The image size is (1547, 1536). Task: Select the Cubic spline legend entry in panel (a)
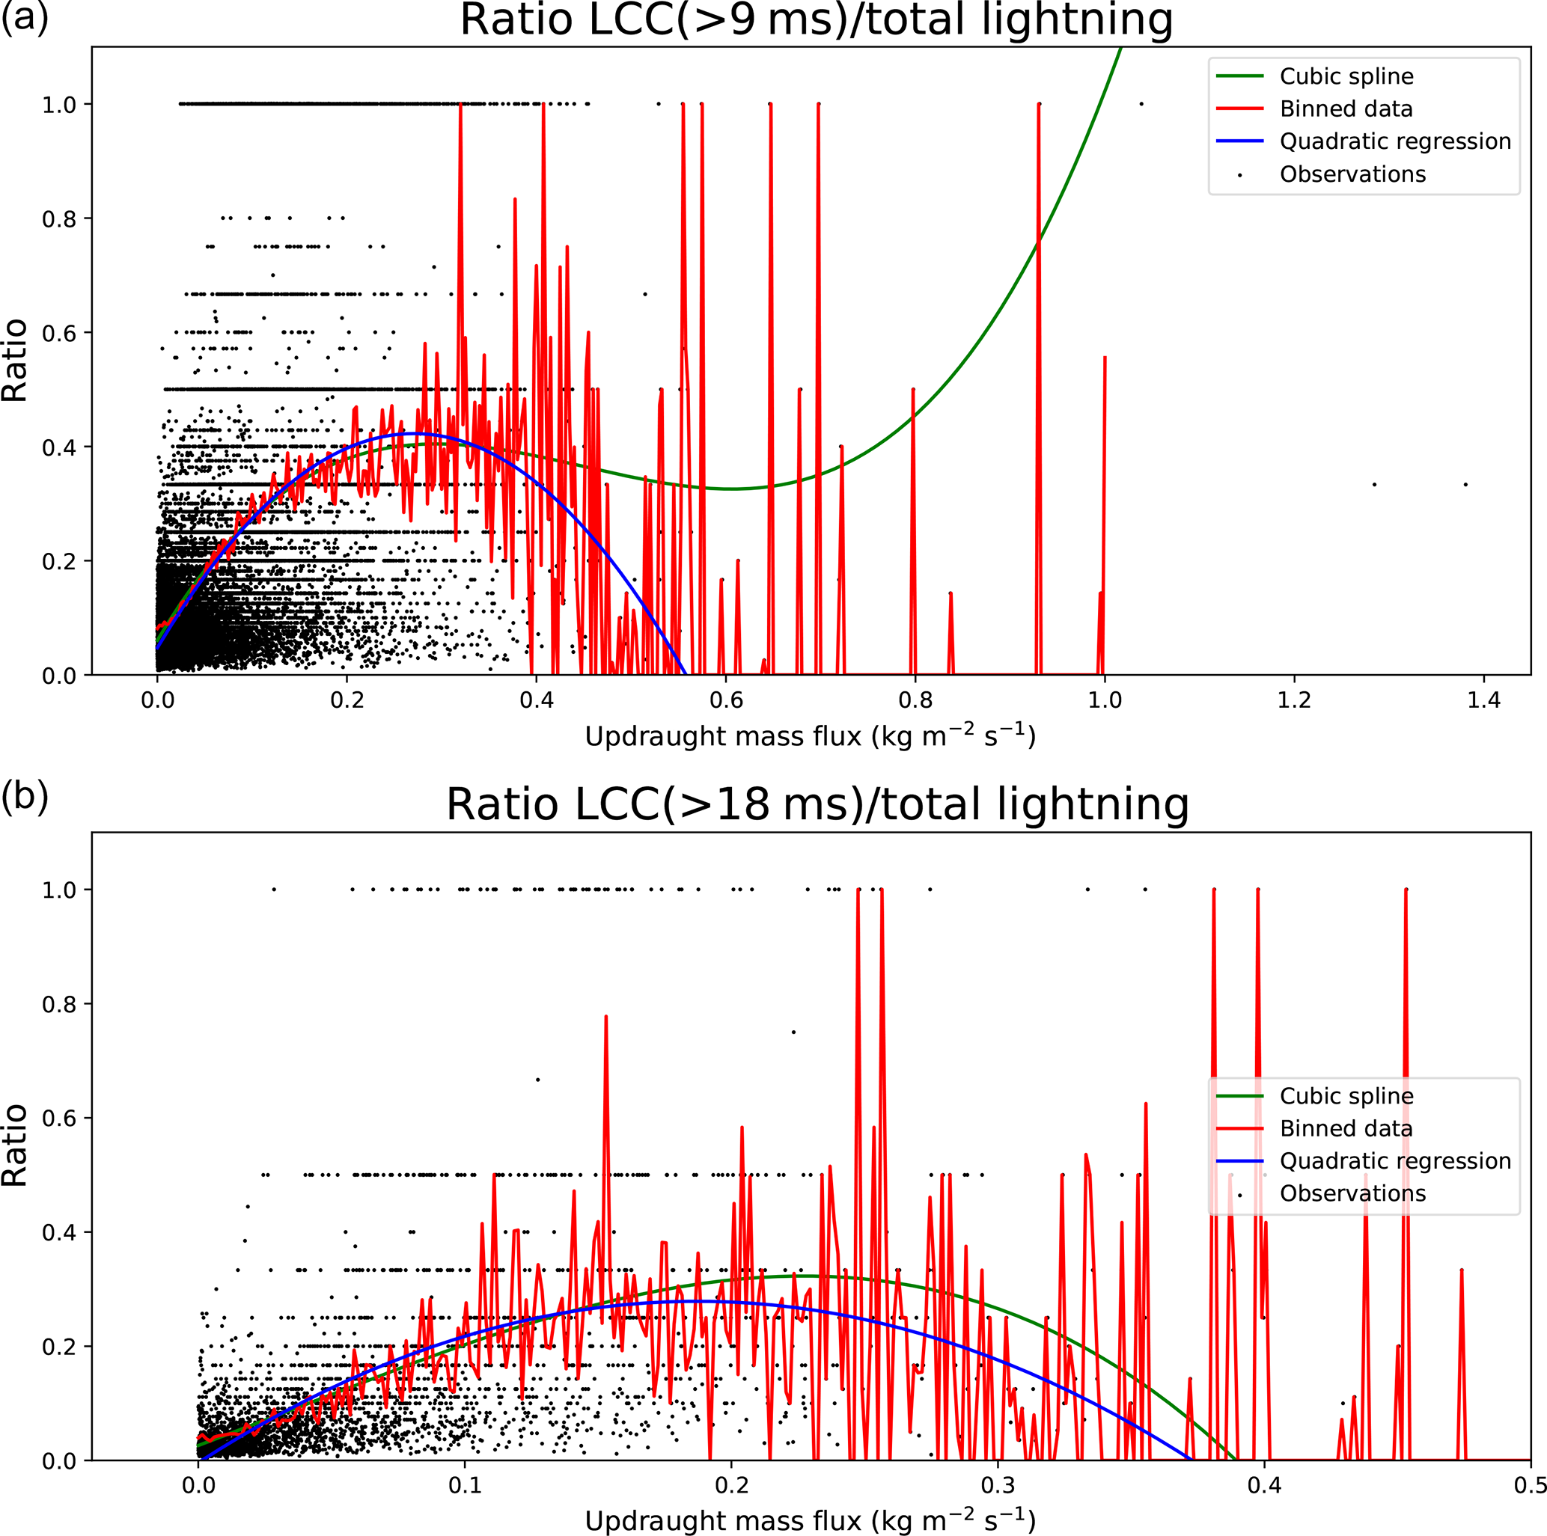point(1346,76)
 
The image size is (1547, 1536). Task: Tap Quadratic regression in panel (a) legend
point(1395,141)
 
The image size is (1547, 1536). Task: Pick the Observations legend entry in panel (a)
point(1352,174)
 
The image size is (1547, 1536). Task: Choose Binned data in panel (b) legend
point(1346,1127)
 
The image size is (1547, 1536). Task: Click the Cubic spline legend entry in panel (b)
point(1346,1096)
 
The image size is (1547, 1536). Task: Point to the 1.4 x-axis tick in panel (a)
point(1483,700)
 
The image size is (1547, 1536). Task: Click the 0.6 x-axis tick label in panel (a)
point(725,700)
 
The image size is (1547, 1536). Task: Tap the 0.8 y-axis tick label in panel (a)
point(59,218)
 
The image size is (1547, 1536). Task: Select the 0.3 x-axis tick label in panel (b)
point(998,1486)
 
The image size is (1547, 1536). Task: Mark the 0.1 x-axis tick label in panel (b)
point(465,1486)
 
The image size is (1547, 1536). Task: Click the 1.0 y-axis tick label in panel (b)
point(59,890)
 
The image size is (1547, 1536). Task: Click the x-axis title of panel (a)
point(811,736)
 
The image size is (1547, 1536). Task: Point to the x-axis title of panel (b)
point(811,1521)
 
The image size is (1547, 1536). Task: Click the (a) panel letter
point(24,16)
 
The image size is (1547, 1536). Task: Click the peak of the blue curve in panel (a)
point(417,433)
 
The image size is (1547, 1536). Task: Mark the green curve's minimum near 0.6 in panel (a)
point(731,489)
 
